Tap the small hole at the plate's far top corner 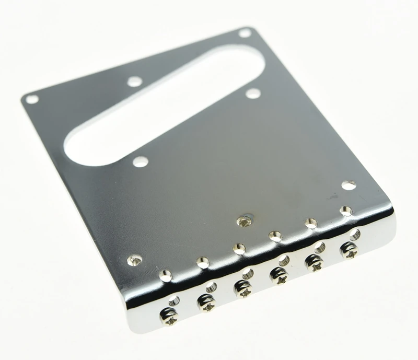click(245, 33)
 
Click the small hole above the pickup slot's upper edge click(135, 82)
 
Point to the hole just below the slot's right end click(253, 94)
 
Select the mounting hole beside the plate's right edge click(349, 185)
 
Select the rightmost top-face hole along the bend click(345, 211)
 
